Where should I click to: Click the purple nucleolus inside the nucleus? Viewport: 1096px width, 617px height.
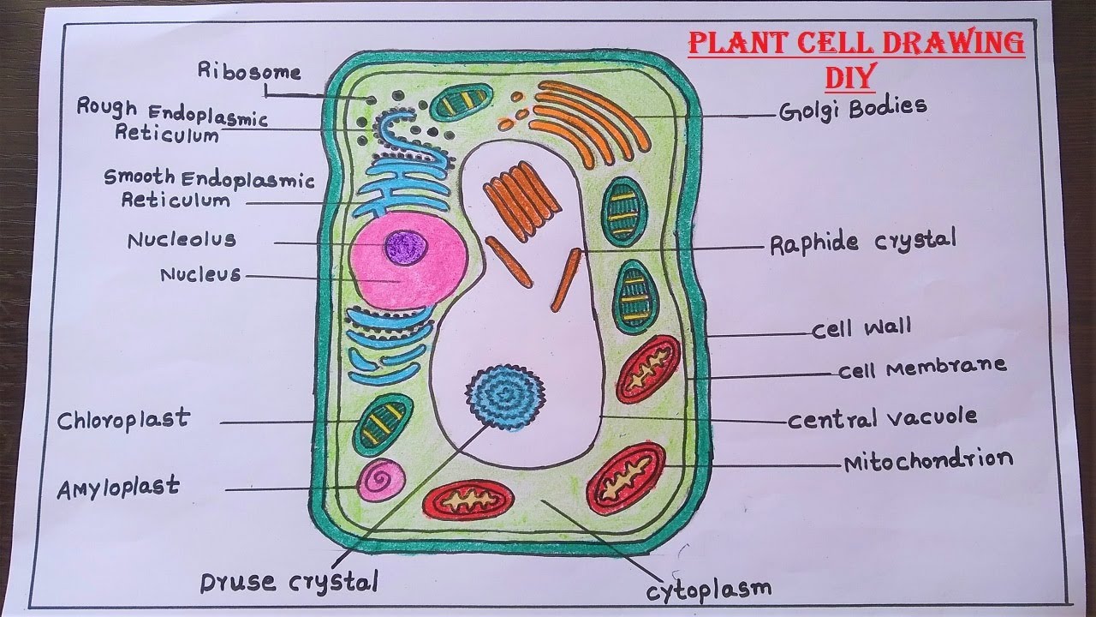406,248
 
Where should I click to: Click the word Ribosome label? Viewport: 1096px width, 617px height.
249,71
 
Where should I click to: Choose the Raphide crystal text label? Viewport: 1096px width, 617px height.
862,243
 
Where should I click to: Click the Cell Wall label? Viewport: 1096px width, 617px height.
861,328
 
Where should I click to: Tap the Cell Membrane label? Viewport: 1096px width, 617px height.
921,368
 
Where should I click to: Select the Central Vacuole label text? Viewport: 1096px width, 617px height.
882,419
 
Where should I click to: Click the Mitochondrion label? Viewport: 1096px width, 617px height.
928,461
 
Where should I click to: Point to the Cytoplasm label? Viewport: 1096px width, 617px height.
709,589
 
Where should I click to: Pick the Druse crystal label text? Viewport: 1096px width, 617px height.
289,584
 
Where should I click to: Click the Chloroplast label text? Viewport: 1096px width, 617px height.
123,421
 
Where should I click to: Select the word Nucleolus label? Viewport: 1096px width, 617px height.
182,240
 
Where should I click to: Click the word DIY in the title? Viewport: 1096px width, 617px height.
849,78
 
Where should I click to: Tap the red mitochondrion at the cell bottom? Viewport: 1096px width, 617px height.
468,500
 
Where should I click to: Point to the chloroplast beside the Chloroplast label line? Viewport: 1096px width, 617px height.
383,420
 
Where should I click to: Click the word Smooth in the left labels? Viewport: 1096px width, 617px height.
140,177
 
